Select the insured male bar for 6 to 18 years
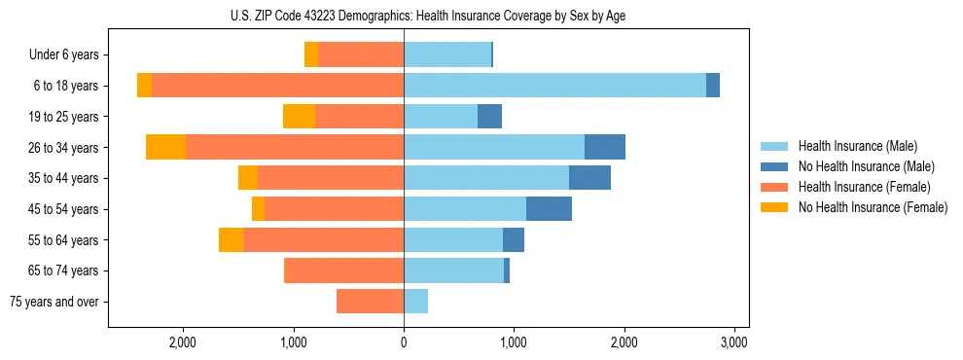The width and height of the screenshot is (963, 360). pyautogui.click(x=554, y=86)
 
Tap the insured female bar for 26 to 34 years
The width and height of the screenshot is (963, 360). pyautogui.click(x=295, y=147)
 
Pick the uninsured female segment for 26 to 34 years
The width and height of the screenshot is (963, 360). pyautogui.click(x=165, y=147)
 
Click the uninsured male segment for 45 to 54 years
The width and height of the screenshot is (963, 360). pyautogui.click(x=549, y=209)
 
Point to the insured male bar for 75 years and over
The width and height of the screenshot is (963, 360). pyautogui.click(x=415, y=302)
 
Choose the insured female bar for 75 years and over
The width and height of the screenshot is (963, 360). pyautogui.click(x=370, y=302)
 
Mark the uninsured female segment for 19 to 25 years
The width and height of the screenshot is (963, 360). pyautogui.click(x=299, y=117)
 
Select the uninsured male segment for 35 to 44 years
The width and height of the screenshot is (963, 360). pyautogui.click(x=589, y=178)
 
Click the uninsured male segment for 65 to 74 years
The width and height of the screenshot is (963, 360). pyautogui.click(x=507, y=270)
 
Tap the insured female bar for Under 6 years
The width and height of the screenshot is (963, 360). pyautogui.click(x=361, y=54)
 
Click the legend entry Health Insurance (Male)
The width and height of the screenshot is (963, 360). pyautogui.click(x=857, y=146)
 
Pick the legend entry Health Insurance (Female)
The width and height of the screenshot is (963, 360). pyautogui.click(x=865, y=187)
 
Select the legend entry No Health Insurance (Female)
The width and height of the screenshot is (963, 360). pyautogui.click(x=873, y=207)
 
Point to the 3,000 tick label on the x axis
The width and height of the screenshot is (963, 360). pyautogui.click(x=733, y=342)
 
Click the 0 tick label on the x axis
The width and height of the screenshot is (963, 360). pyautogui.click(x=404, y=342)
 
